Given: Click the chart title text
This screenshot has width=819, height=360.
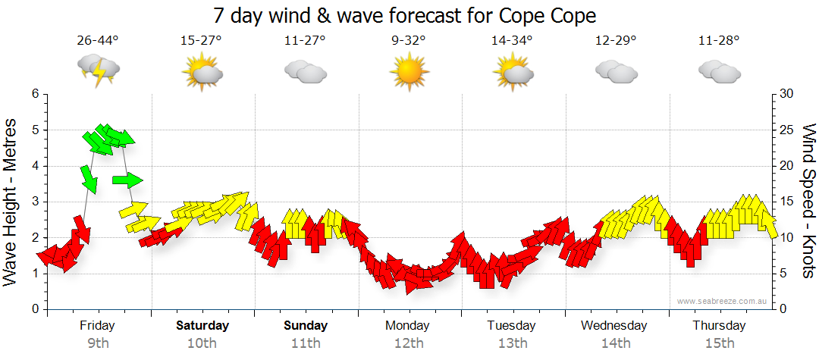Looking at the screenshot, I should coord(404,16).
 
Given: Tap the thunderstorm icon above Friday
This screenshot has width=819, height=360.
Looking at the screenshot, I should coord(99,72).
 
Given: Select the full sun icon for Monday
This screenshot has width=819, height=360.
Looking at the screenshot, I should coord(409,73).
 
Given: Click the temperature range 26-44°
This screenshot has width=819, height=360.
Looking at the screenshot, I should coord(98,41).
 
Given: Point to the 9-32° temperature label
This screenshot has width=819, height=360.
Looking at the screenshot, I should coord(409,41).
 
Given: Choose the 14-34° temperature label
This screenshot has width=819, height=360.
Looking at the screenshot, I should coord(512,41).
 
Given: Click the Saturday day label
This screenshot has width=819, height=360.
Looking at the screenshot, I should coord(202,326).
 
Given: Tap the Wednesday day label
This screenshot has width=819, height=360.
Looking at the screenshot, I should coord(614,326).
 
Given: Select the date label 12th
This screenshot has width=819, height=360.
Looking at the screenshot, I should coord(409,343).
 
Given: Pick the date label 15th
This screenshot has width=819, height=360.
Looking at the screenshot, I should coord(719,343).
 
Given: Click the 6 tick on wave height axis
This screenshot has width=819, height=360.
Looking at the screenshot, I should coord(34,94).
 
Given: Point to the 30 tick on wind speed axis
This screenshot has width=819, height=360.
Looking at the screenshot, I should coord(786,94).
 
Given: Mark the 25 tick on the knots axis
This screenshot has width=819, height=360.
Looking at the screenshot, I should coord(786,130).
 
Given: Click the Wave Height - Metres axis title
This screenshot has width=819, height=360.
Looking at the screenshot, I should coord(12,201).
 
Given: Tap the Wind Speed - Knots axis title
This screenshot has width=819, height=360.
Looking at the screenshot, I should coord(808,201).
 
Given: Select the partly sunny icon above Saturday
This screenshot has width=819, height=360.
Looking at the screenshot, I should coord(202,73).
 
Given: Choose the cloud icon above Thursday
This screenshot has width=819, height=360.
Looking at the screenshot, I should coord(719,72).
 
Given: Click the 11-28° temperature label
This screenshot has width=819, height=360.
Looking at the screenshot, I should coord(719,41).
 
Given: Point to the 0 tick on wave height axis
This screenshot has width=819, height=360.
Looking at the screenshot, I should coord(34,309).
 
